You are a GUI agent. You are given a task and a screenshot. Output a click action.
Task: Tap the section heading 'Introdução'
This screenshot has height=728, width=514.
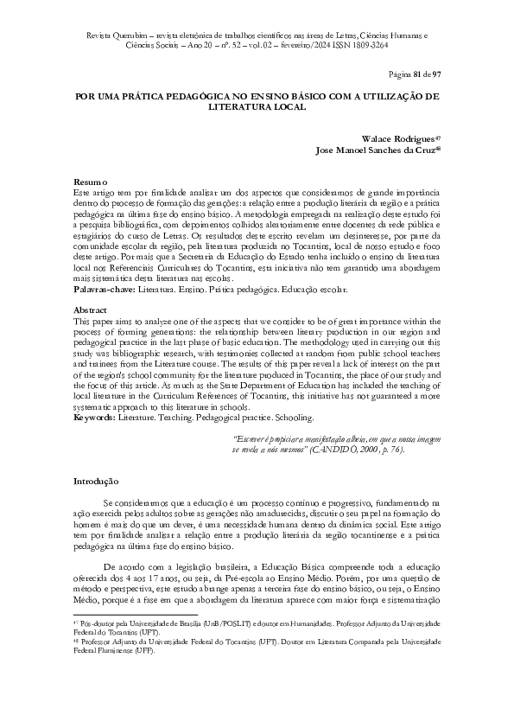[97, 480]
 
